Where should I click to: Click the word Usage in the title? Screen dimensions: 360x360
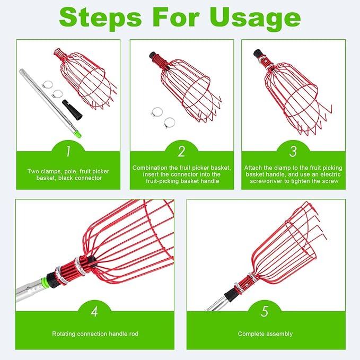[255, 19]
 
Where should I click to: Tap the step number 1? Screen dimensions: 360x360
[68, 152]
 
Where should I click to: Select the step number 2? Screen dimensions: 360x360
[181, 152]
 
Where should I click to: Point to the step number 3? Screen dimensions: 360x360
[293, 152]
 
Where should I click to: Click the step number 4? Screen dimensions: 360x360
[94, 312]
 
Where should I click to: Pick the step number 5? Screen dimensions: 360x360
[265, 312]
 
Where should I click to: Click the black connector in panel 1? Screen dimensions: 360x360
[72, 110]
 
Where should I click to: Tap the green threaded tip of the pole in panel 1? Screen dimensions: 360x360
[78, 135]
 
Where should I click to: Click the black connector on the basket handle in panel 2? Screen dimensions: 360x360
[153, 56]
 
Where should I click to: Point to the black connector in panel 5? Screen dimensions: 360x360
[230, 295]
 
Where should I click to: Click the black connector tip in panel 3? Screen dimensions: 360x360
[258, 54]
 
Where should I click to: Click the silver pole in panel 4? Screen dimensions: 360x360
[30, 289]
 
